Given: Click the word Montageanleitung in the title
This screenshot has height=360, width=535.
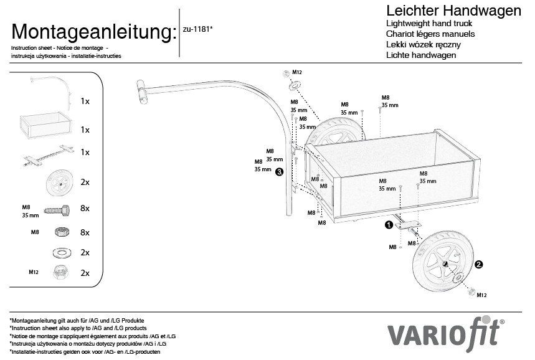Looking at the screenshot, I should point(91,32).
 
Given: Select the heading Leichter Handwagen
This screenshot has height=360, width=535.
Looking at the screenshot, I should point(453,11).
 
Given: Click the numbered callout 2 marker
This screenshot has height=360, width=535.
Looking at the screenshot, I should point(478,264).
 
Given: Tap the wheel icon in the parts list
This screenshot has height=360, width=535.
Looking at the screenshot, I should point(58,182).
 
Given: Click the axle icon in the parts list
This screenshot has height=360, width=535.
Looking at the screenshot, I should point(47,153).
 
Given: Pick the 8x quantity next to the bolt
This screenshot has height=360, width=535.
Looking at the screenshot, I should point(85,208).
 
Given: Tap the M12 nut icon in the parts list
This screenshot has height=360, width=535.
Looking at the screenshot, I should point(60,272).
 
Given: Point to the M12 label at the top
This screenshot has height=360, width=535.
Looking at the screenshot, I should point(297,72).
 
